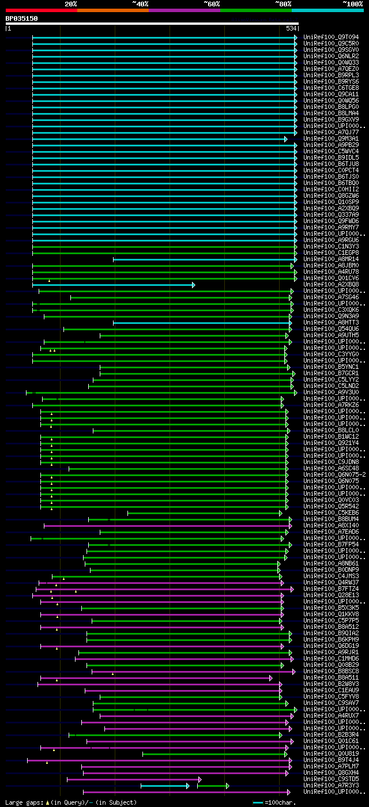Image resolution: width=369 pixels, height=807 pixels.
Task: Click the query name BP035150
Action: click(x=22, y=18)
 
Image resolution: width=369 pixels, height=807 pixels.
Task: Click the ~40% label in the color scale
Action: click(x=140, y=4)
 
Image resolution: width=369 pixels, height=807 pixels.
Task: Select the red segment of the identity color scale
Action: click(x=41, y=10)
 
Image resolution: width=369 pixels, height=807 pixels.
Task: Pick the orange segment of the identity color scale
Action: click(x=112, y=10)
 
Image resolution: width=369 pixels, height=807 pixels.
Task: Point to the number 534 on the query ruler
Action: click(x=291, y=28)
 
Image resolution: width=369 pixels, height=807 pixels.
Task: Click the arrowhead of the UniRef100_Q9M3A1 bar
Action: click(x=285, y=139)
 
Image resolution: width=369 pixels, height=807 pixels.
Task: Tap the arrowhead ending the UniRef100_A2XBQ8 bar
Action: click(x=194, y=285)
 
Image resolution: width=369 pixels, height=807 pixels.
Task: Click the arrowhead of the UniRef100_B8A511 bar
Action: click(x=270, y=678)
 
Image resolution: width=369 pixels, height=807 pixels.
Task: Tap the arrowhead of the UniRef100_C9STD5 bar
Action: click(x=199, y=779)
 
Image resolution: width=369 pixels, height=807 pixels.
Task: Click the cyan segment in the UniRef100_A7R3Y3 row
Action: click(x=164, y=786)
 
